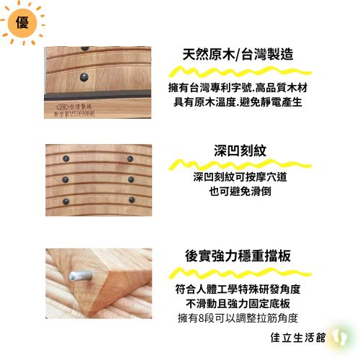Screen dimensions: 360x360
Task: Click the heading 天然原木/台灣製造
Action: click(237, 55)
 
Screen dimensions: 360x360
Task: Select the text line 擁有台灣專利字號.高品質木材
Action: click(237, 87)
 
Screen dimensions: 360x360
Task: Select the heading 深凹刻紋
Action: click(237, 152)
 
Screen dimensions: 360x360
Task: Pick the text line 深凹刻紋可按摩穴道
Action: click(237, 179)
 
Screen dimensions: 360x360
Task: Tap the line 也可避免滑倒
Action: click(237, 193)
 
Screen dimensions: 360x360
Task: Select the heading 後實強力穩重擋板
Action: click(237, 256)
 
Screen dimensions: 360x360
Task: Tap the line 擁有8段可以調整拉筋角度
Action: click(237, 318)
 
